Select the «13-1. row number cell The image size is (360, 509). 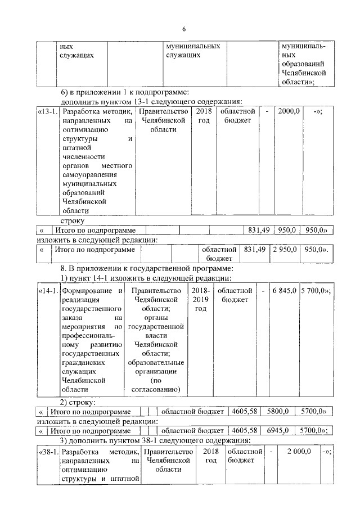48,111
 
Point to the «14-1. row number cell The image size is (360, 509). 48,291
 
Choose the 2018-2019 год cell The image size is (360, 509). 201,300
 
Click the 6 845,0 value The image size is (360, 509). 284,291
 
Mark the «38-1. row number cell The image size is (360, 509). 48,452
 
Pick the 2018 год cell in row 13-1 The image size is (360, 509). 202,116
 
